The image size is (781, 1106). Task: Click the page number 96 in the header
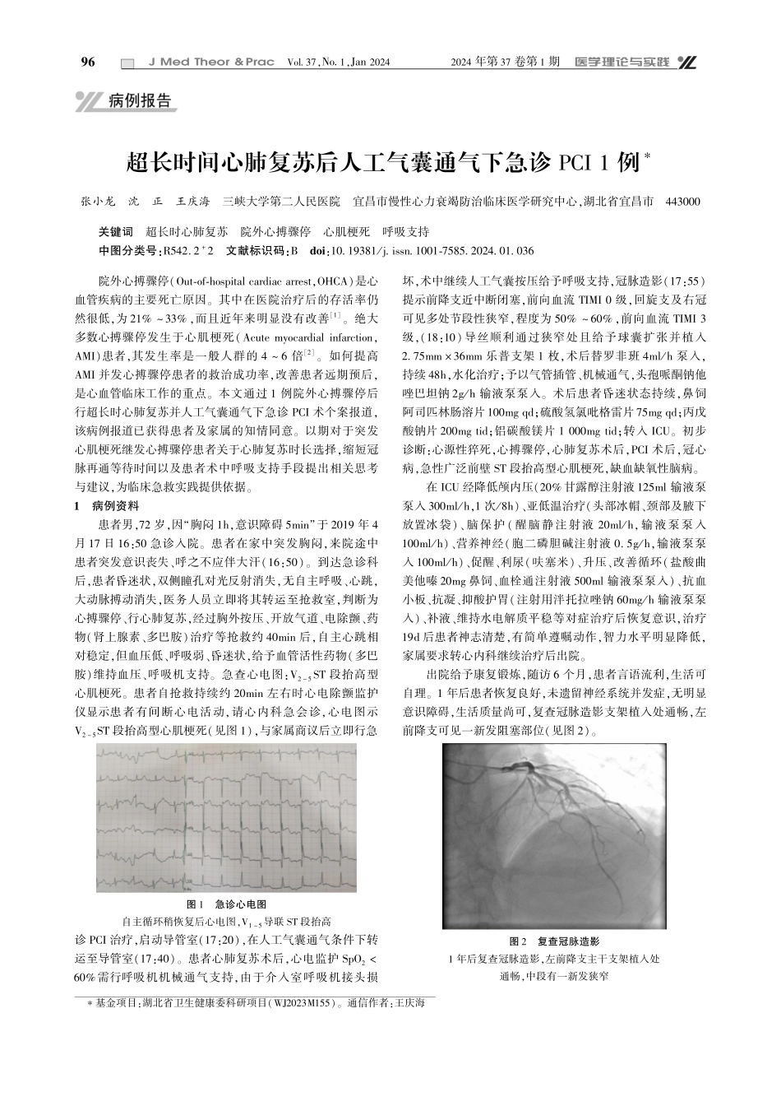click(x=89, y=63)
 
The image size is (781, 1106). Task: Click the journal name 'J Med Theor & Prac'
click(x=210, y=63)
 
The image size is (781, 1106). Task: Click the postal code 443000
click(x=682, y=201)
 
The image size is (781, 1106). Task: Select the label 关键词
click(x=114, y=232)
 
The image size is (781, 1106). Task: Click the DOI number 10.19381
click(x=355, y=250)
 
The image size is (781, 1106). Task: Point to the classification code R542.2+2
click(x=190, y=250)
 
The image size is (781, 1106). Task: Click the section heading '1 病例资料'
click(x=107, y=505)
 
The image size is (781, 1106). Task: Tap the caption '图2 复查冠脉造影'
click(x=555, y=941)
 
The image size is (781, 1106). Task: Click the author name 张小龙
click(x=98, y=201)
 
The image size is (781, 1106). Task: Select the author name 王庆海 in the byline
click(x=194, y=201)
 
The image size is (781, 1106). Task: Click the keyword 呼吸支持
click(x=406, y=232)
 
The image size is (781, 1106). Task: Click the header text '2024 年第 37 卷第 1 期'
click(x=506, y=63)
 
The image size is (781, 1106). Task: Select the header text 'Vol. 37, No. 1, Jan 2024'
click(x=338, y=63)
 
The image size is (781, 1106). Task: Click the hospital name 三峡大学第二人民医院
click(x=282, y=201)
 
